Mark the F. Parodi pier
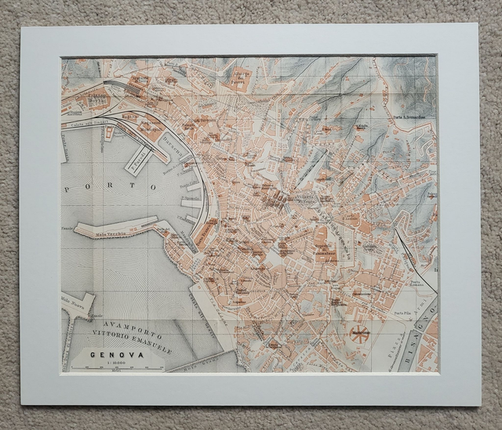(x=139, y=160)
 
